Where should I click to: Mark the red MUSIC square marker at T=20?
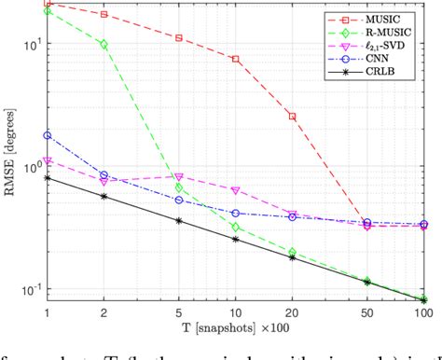pos(292,117)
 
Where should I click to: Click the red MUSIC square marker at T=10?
pos(235,59)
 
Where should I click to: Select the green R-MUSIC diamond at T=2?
pos(104,44)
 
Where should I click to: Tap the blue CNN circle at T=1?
pos(47,135)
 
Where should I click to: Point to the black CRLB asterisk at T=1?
pos(47,177)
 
